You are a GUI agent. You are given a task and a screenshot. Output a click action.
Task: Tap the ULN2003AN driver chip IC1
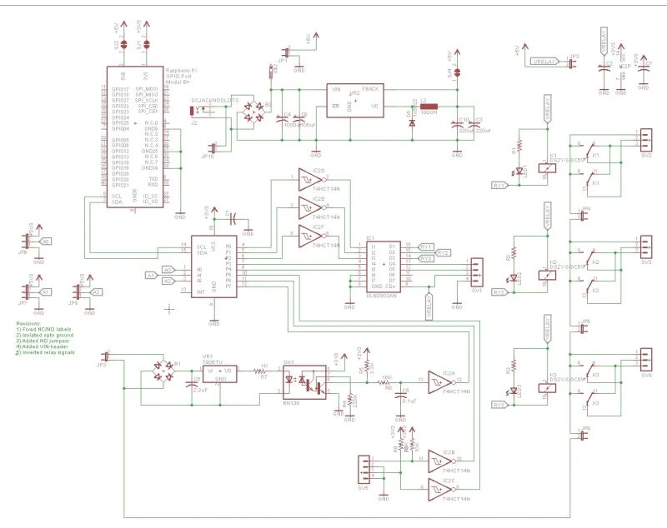pos(381,265)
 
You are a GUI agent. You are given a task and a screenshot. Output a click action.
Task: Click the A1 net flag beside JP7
pos(46,291)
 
